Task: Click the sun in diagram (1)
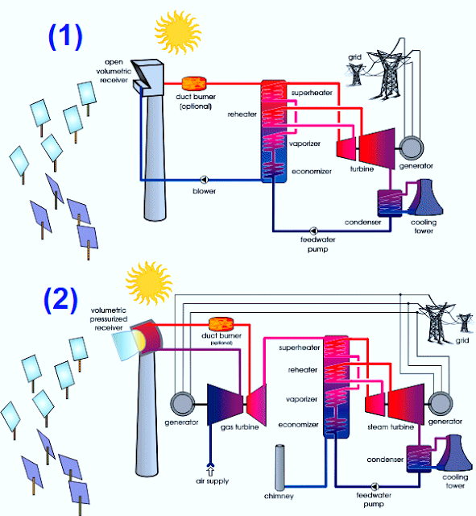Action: click(x=178, y=32)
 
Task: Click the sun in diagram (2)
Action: click(x=149, y=283)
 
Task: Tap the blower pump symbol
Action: click(x=205, y=180)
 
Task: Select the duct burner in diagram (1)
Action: click(x=194, y=84)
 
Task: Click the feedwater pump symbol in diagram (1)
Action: click(x=313, y=231)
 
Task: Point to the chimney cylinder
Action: click(x=279, y=468)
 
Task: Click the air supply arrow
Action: click(x=210, y=469)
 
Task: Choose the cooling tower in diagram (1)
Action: click(x=425, y=197)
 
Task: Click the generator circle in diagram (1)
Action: click(x=412, y=148)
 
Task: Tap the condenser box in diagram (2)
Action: click(x=419, y=459)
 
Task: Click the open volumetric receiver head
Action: click(x=148, y=77)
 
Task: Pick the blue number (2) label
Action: click(x=61, y=299)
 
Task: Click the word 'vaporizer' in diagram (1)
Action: click(x=304, y=144)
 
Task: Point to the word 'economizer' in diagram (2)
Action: click(x=298, y=425)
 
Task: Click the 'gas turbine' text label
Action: click(x=239, y=427)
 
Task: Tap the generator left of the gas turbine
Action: click(x=182, y=404)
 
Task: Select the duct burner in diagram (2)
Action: click(x=221, y=324)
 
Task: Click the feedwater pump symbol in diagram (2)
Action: click(x=375, y=486)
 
